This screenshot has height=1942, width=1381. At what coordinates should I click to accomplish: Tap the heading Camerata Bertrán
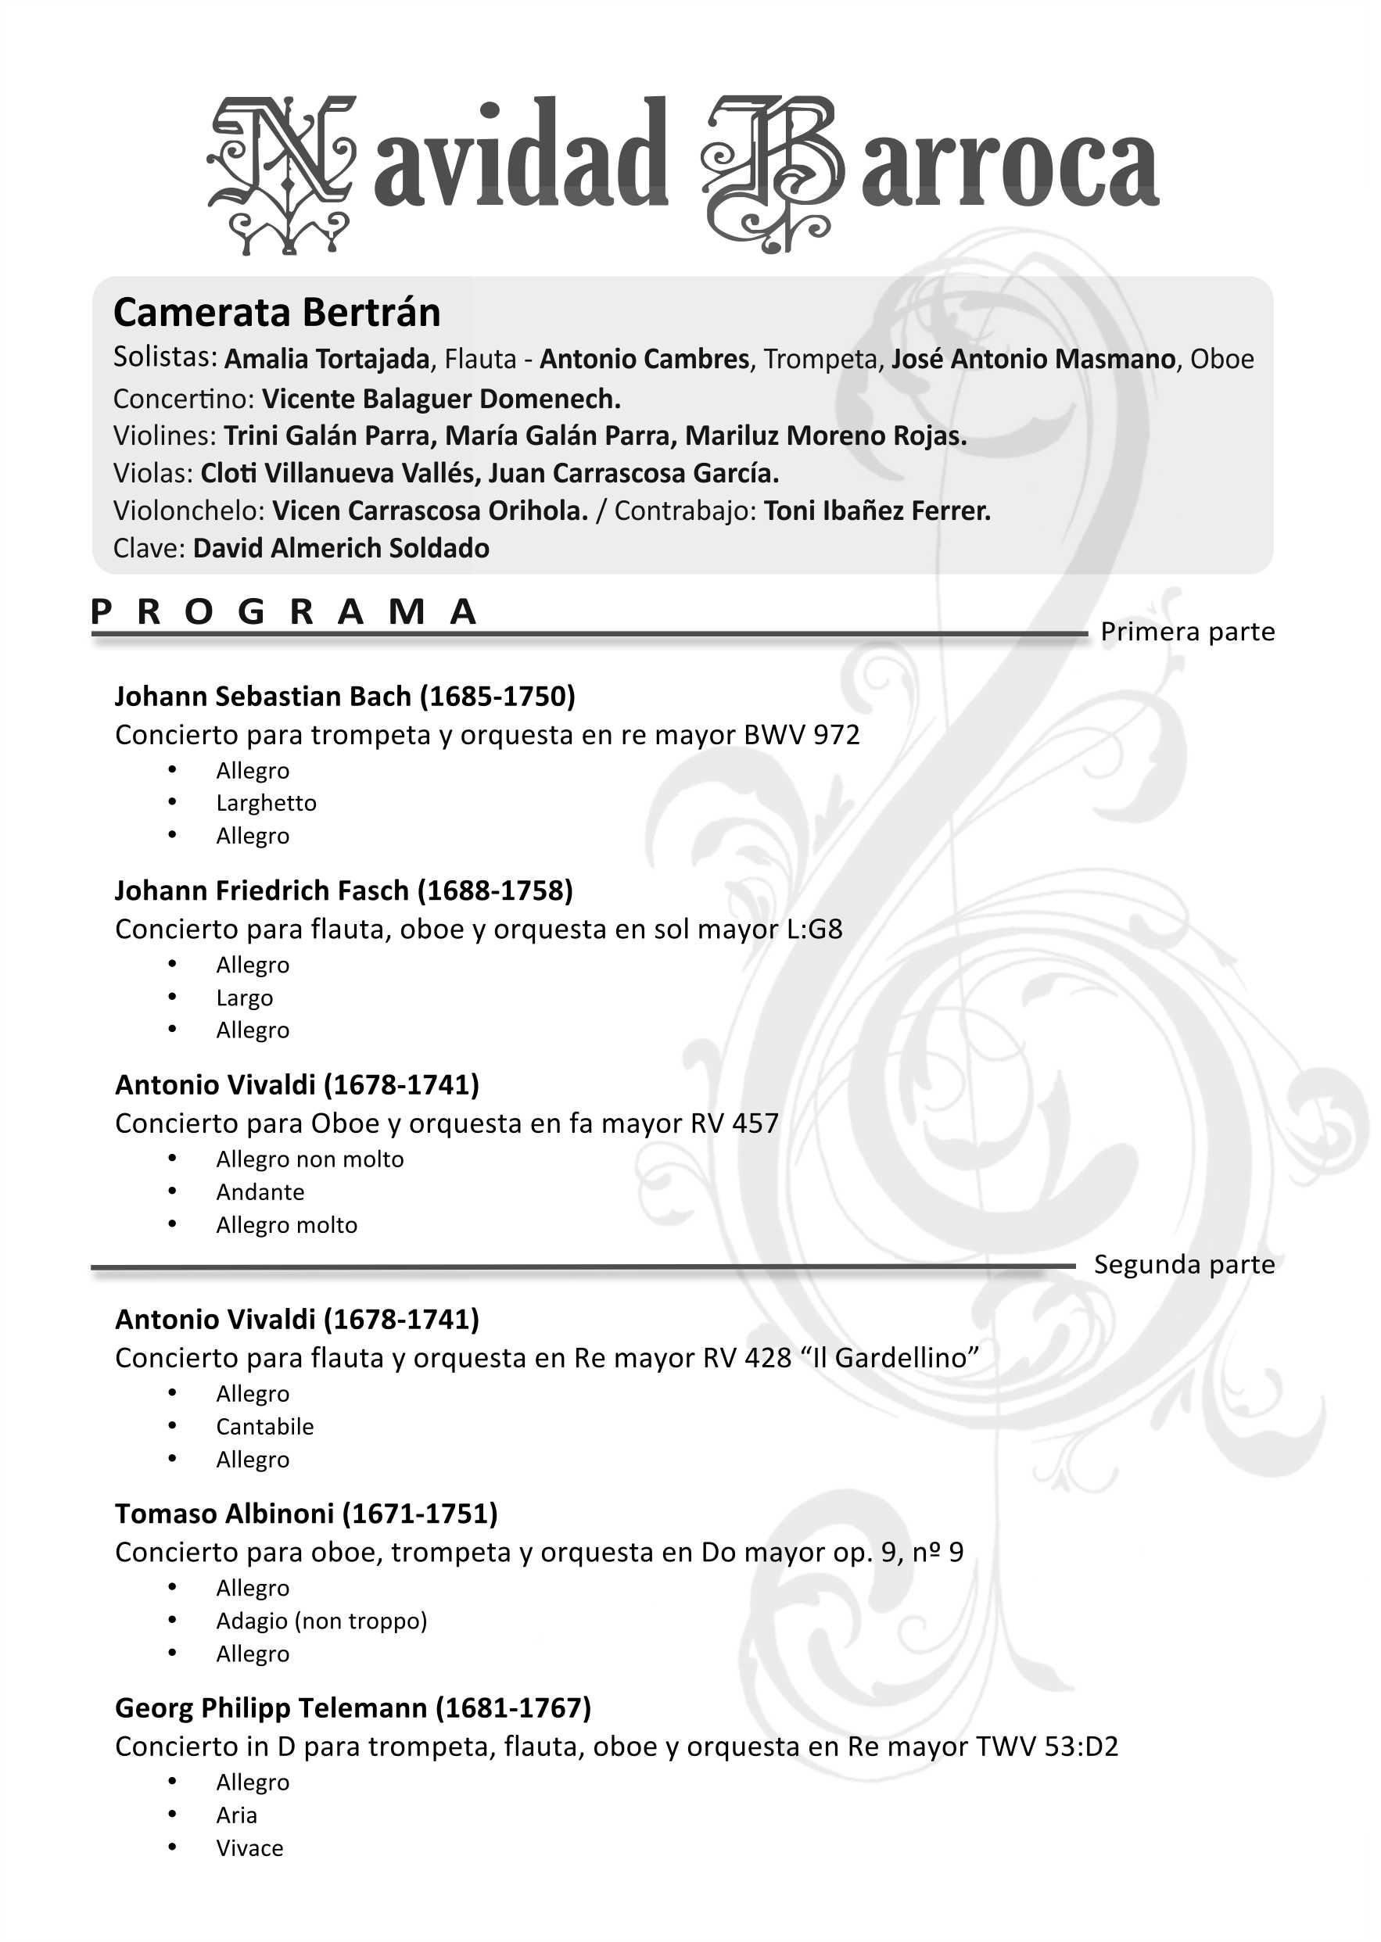(278, 313)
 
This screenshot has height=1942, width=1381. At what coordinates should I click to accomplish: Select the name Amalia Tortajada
(328, 360)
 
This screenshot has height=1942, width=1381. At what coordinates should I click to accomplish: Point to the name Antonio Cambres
(644, 360)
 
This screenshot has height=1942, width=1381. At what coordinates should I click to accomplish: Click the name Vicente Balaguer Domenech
(440, 399)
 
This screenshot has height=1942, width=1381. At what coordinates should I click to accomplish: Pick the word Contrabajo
(684, 511)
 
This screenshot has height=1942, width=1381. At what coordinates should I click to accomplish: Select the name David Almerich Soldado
(341, 548)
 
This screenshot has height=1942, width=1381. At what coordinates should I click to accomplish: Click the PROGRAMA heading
(284, 612)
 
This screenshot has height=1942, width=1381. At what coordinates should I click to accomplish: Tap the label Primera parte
(1187, 632)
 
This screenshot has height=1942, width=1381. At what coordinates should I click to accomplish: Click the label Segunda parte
(1184, 1264)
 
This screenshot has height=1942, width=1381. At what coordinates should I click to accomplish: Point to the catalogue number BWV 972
(802, 735)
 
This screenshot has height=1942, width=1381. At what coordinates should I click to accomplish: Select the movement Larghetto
(266, 804)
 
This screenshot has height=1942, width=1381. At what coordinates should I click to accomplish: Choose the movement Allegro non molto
(310, 1159)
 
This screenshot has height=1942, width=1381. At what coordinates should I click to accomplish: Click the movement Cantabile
(264, 1427)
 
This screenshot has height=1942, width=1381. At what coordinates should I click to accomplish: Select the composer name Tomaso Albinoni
(224, 1514)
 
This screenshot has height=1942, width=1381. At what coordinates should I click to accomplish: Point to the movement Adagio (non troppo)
(321, 1621)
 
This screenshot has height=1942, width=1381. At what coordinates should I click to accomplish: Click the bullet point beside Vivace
(173, 1847)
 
